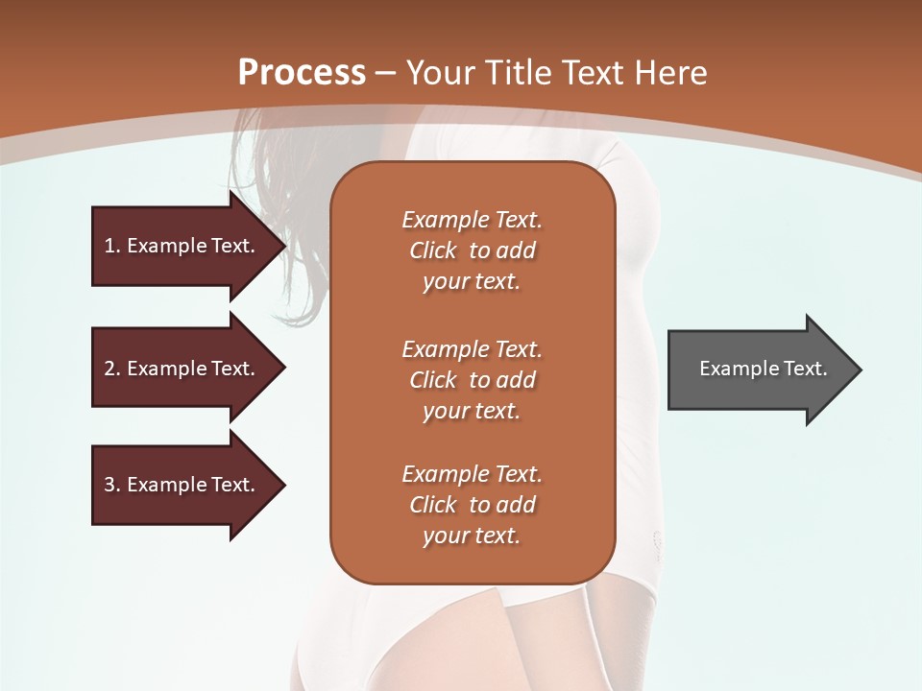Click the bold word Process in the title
[x=302, y=72]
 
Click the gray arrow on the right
[x=759, y=369]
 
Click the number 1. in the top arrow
[x=112, y=246]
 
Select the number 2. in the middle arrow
[x=112, y=369]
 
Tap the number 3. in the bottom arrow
[x=112, y=485]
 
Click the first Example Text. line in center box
[x=472, y=220]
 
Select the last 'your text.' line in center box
[x=472, y=536]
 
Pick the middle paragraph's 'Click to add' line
[x=472, y=380]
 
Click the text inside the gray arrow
[x=763, y=369]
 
